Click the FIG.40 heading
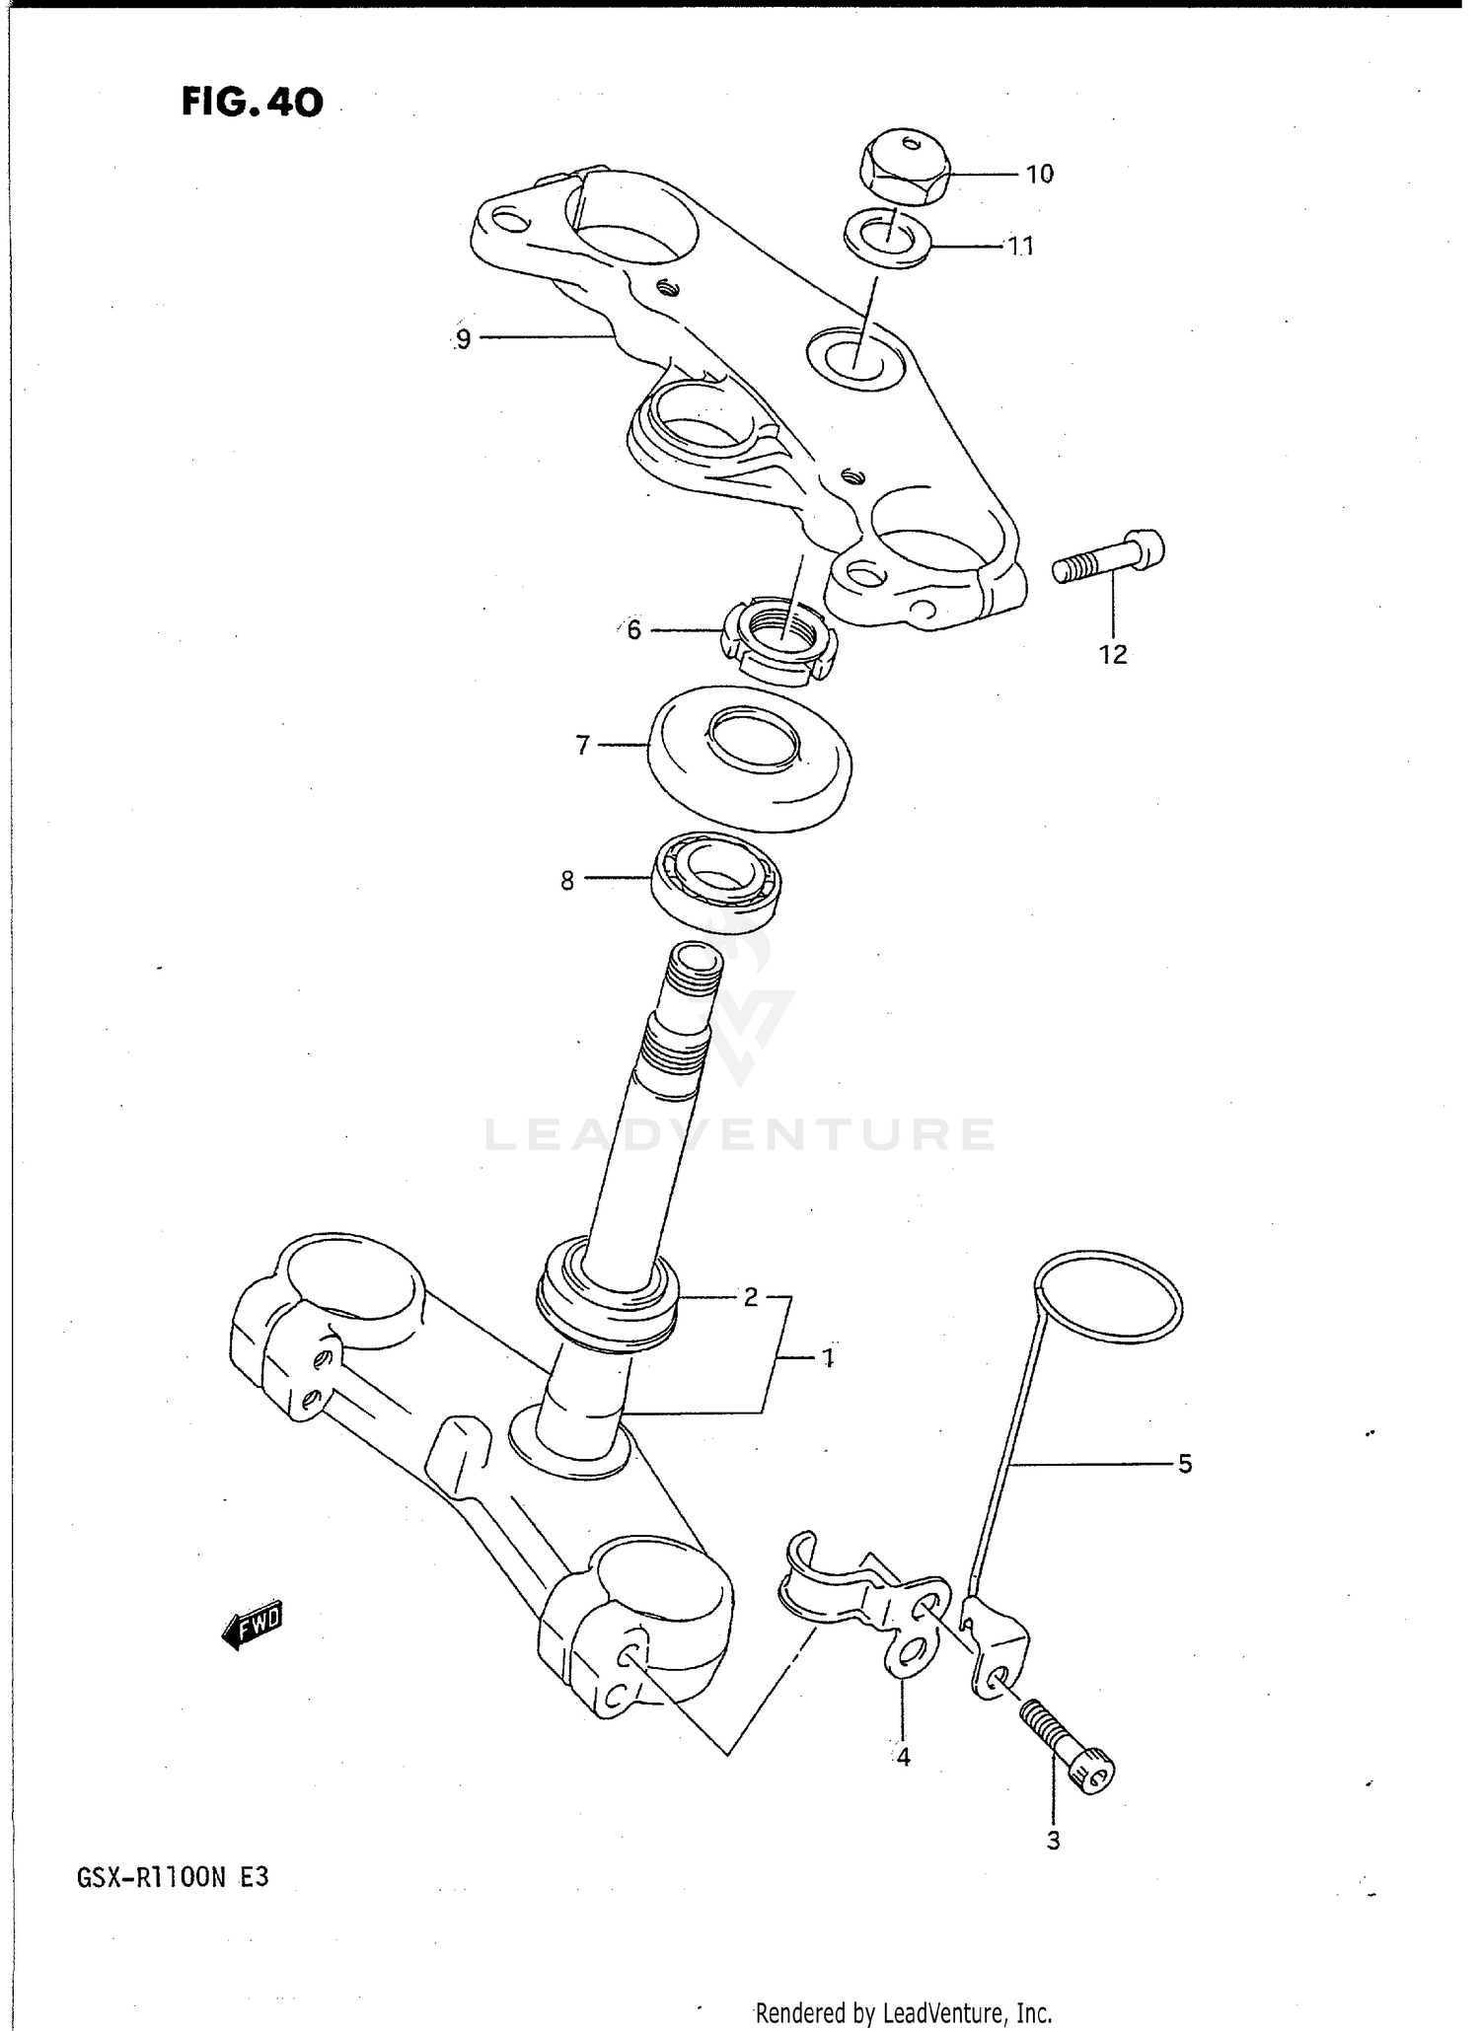[x=252, y=102]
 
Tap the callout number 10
[x=1039, y=175]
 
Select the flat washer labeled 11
[x=889, y=238]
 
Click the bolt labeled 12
[x=1109, y=558]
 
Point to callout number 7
[x=582, y=746]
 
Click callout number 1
[x=828, y=1358]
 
